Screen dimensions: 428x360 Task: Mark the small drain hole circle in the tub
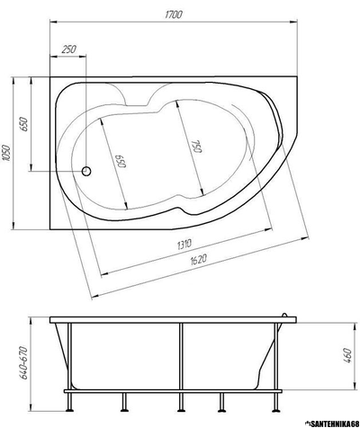(87, 170)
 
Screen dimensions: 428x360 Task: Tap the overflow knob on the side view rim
(287, 315)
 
